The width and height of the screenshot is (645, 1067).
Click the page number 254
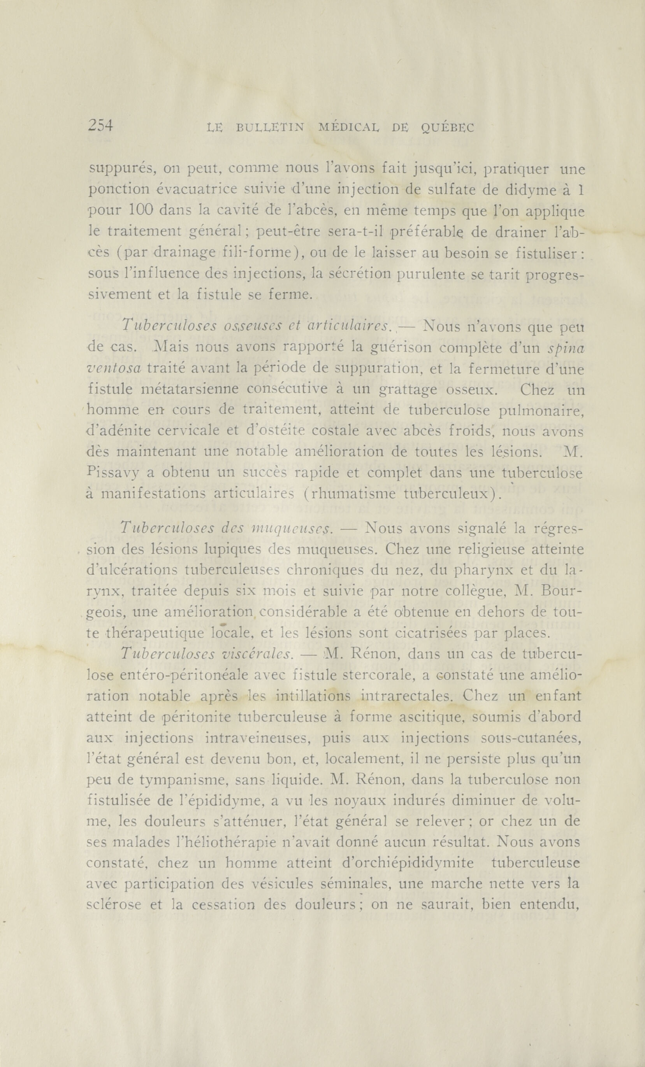[x=100, y=126]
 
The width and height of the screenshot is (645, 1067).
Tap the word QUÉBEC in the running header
[x=448, y=127]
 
